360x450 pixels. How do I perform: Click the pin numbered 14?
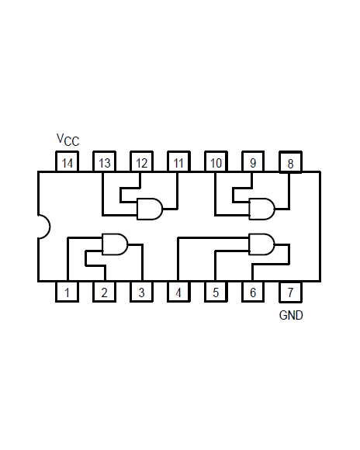(67, 161)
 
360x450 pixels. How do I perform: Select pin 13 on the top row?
(104, 161)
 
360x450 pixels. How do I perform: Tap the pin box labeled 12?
(141, 161)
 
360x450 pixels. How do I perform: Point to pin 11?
(178, 161)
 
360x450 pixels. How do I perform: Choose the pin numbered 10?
(216, 161)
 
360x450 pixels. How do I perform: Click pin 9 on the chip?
(253, 161)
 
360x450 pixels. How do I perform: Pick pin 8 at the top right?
(290, 162)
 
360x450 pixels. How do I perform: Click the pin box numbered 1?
(67, 292)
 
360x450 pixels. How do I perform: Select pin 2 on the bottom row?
(104, 292)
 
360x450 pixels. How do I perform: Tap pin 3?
(141, 292)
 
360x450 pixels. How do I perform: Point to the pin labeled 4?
(178, 292)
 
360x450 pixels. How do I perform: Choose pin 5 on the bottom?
(216, 292)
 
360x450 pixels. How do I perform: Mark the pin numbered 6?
(253, 292)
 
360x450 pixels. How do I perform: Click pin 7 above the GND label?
(290, 292)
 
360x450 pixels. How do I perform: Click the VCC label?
(67, 140)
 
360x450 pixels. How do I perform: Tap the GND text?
(291, 316)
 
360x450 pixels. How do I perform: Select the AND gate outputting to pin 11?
(150, 209)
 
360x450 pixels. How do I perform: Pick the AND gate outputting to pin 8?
(261, 209)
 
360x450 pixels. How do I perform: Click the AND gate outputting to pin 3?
(115, 244)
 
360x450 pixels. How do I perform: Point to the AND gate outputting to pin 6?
(261, 244)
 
